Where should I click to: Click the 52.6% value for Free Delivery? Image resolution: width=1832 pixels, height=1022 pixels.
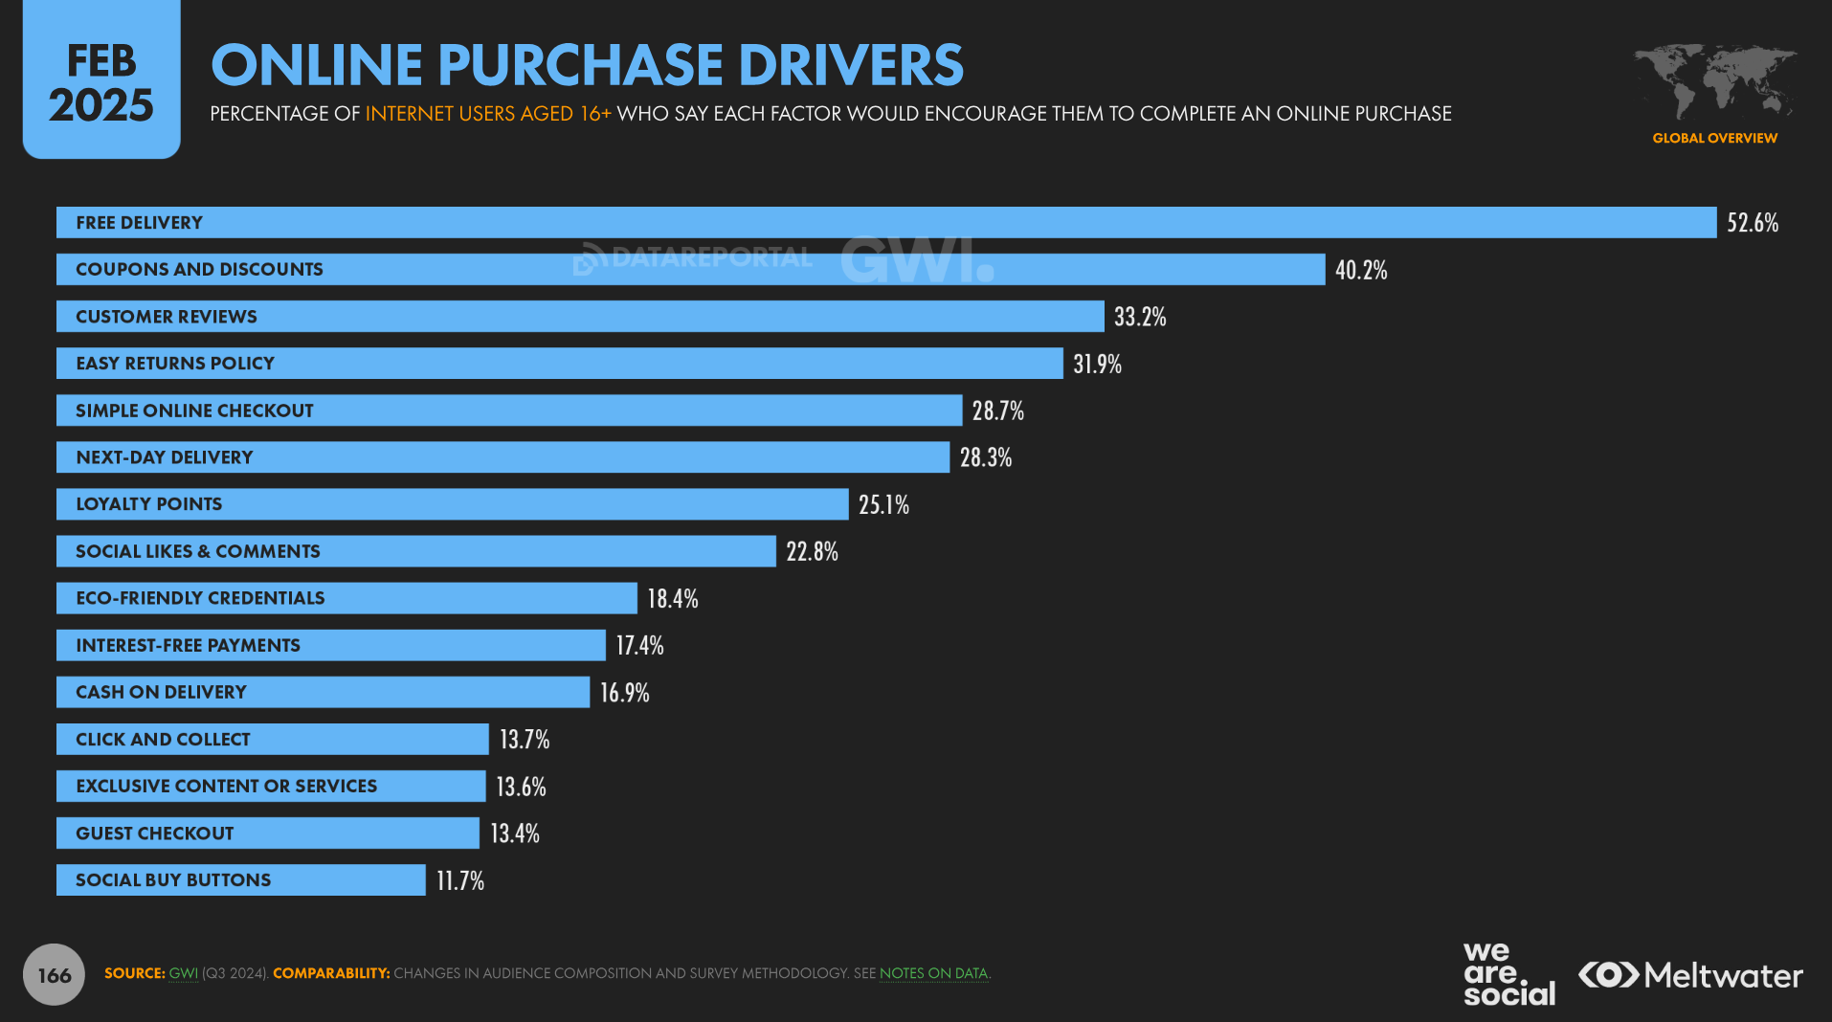pos(1752,223)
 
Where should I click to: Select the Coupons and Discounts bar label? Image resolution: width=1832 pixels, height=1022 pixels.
pos(199,270)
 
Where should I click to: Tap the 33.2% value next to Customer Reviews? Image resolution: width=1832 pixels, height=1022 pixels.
pos(1139,317)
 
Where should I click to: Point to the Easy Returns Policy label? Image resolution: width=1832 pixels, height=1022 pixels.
pos(175,364)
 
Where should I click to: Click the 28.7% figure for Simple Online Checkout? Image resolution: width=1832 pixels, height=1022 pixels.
pos(997,411)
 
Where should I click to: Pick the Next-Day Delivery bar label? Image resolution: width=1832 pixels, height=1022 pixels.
pos(165,457)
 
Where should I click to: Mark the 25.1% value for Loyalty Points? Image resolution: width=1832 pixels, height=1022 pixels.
pos(882,504)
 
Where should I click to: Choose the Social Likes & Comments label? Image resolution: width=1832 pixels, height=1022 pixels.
pos(198,551)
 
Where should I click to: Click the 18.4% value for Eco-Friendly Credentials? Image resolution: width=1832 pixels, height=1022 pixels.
pos(672,599)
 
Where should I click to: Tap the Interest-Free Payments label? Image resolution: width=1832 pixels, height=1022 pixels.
pos(188,646)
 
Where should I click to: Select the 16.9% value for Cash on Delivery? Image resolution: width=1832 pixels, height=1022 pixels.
pos(624,693)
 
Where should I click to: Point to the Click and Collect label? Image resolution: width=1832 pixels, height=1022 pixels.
pos(163,740)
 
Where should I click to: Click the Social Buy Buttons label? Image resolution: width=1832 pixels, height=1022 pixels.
pos(173,880)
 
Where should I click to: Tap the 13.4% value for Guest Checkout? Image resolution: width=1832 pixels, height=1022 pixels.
pos(514,833)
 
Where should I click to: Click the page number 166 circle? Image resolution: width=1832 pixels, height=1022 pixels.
pos(54,975)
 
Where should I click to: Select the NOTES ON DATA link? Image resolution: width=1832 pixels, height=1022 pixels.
pos(933,973)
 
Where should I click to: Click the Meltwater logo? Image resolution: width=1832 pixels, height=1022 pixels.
pos(1690,975)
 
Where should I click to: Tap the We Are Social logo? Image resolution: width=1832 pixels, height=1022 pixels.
pos(1508,974)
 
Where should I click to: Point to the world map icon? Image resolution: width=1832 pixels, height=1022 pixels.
pos(1714,81)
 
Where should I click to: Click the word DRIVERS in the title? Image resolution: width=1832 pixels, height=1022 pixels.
pos(850,65)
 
